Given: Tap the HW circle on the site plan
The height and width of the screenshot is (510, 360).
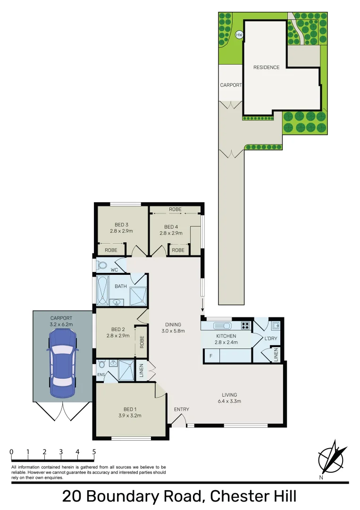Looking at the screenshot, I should pyautogui.click(x=239, y=34).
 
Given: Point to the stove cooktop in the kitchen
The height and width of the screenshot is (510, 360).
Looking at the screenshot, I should pyautogui.click(x=245, y=325).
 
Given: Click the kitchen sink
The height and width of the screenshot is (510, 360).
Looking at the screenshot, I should pyautogui.click(x=221, y=325).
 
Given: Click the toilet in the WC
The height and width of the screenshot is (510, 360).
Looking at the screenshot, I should pyautogui.click(x=101, y=265).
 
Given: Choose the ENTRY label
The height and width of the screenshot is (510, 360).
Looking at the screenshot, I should pyautogui.click(x=181, y=409).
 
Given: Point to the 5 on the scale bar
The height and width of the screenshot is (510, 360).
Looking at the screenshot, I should pyautogui.click(x=94, y=452).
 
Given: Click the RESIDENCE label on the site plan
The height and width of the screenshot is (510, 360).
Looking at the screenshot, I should pyautogui.click(x=266, y=67).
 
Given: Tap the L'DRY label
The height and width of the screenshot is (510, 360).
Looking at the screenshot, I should pyautogui.click(x=270, y=339).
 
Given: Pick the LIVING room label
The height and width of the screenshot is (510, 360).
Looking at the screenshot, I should pyautogui.click(x=229, y=395).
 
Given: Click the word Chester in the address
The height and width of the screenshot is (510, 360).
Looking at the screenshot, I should pyautogui.click(x=237, y=497).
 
